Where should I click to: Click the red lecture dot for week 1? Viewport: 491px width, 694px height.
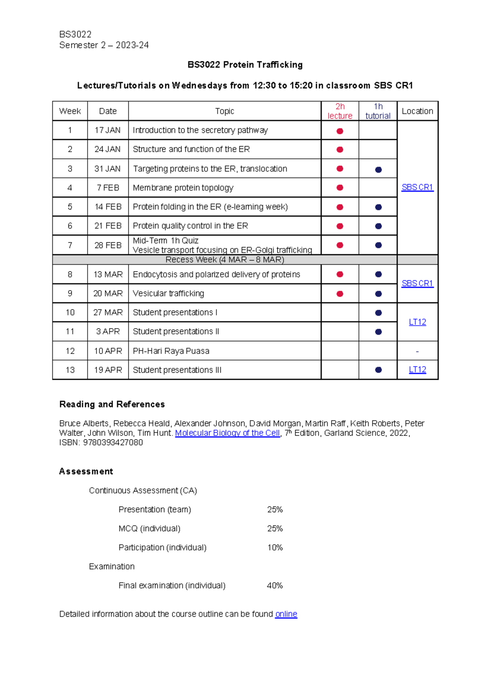pyautogui.click(x=340, y=131)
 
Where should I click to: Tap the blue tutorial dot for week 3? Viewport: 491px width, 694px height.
pyautogui.click(x=378, y=169)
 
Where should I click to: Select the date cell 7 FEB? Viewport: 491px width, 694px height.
pyautogui.click(x=108, y=188)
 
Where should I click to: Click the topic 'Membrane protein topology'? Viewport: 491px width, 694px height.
pyautogui.click(x=183, y=188)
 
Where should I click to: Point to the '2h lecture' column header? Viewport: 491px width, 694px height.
pyautogui.click(x=340, y=111)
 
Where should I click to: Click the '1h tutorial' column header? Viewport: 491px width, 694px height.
pyautogui.click(x=378, y=111)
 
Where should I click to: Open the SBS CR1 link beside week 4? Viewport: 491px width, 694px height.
pyautogui.click(x=417, y=187)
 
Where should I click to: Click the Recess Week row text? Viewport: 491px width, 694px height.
pyautogui.click(x=225, y=260)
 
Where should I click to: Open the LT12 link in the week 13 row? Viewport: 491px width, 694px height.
pyautogui.click(x=417, y=370)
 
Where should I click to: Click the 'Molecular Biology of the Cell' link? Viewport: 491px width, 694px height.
pyautogui.click(x=227, y=433)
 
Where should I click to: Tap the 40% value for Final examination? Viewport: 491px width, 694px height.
pyautogui.click(x=275, y=586)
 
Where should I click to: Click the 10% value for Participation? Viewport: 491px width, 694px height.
pyautogui.click(x=275, y=548)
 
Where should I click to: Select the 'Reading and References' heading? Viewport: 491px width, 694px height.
pyautogui.click(x=112, y=404)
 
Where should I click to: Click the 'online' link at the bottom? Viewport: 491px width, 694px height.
pyautogui.click(x=286, y=614)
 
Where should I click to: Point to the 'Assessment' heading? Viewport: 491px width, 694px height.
pyautogui.click(x=86, y=471)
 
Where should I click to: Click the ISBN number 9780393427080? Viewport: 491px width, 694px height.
pyautogui.click(x=113, y=442)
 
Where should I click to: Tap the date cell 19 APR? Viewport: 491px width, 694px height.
pyautogui.click(x=108, y=370)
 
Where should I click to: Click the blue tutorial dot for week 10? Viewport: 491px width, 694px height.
pyautogui.click(x=378, y=313)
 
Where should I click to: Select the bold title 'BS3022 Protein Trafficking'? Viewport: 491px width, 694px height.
pyautogui.click(x=245, y=65)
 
